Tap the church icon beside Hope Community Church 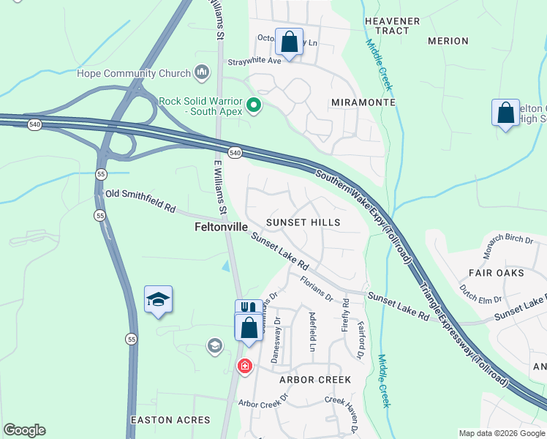click(202, 72)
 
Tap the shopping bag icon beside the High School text click(505, 113)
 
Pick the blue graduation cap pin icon click(158, 299)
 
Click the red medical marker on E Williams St click(244, 366)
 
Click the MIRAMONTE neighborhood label click(363, 102)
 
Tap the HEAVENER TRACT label click(392, 26)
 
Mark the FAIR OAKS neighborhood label click(496, 273)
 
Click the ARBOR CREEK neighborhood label click(314, 380)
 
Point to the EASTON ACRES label click(170, 420)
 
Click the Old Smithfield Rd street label click(140, 201)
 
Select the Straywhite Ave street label click(254, 61)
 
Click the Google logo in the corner click(24, 430)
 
